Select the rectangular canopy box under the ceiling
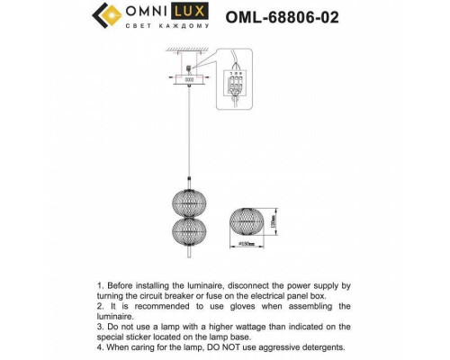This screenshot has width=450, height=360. pyautogui.click(x=188, y=78)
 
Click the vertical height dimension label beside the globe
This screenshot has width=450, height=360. pyautogui.click(x=274, y=221)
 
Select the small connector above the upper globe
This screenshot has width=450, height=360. pyautogui.click(x=188, y=176)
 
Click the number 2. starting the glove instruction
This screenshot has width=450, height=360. pyautogui.click(x=102, y=306)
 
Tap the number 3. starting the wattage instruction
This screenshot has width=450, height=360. pyautogui.click(x=102, y=327)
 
